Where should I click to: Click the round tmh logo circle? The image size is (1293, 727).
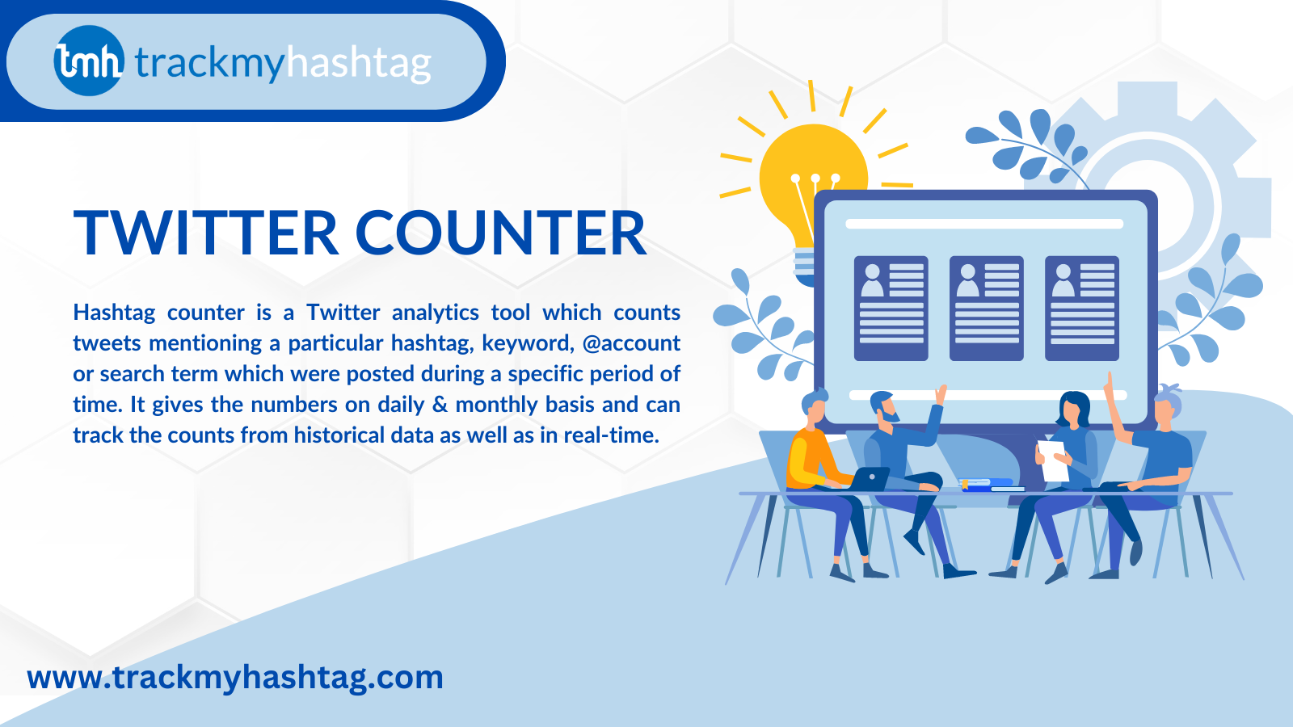89,61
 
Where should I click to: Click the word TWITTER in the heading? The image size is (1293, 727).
205,233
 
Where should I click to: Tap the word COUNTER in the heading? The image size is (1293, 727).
500,233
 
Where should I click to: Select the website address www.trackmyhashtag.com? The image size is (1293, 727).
235,678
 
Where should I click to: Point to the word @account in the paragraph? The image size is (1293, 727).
631,343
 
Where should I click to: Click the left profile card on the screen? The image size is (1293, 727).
891,309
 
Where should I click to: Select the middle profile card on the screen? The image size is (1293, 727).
987,309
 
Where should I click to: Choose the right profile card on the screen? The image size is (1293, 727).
1082,309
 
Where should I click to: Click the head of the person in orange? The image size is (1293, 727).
815,407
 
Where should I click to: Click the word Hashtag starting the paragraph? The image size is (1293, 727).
114,313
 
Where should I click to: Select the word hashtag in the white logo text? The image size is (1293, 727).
359,63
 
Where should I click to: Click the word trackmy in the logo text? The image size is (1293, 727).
210,63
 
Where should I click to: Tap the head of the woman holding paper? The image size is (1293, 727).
1073,408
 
